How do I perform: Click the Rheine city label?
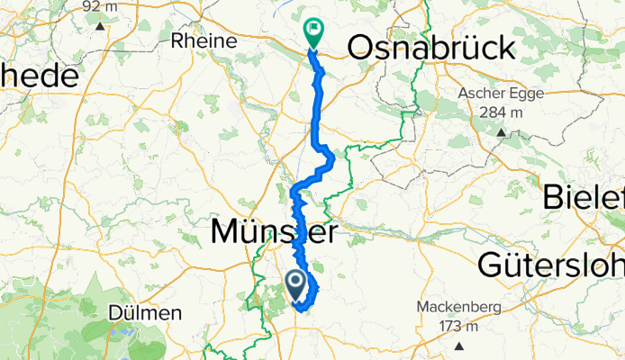[x=204, y=41]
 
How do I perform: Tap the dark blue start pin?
[x=295, y=284]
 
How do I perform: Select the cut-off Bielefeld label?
[x=584, y=197]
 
